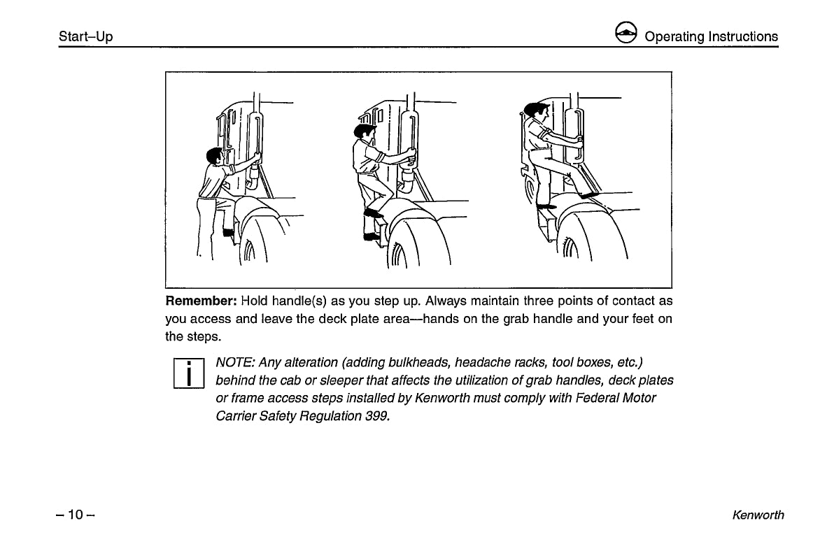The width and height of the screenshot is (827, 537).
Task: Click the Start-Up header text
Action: tap(85, 36)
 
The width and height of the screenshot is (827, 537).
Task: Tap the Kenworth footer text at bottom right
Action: tap(758, 515)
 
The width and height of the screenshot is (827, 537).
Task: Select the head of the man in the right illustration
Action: tap(535, 110)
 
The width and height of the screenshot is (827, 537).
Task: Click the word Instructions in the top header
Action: tap(742, 36)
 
